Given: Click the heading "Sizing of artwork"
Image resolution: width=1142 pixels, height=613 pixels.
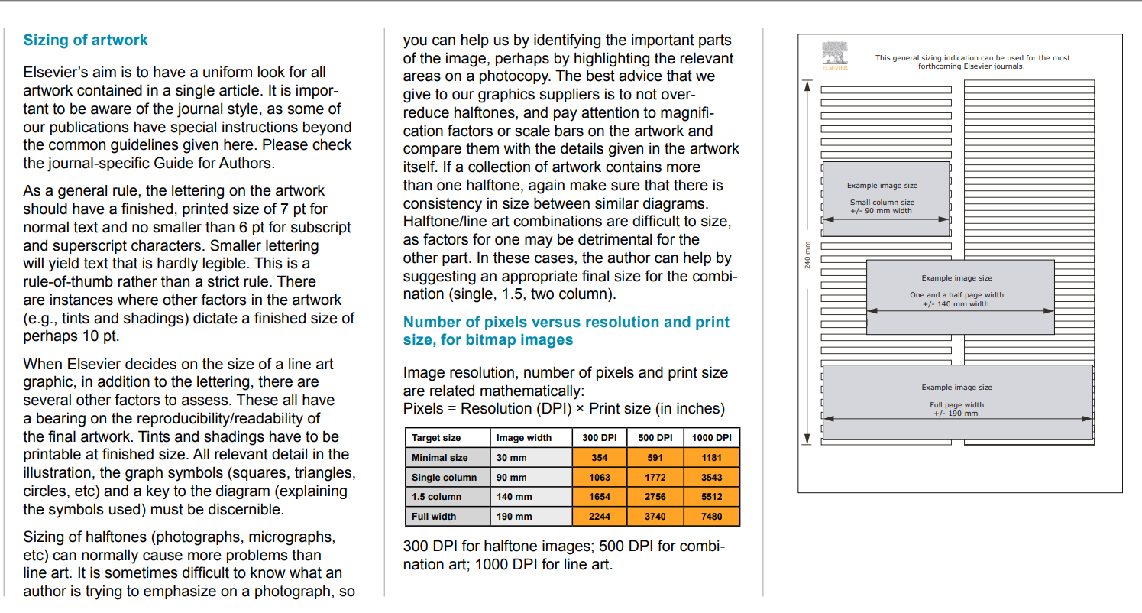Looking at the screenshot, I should click(86, 41).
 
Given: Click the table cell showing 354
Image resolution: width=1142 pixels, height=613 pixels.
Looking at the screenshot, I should click(600, 458).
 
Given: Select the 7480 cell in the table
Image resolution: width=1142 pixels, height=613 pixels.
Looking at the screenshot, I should click(711, 517).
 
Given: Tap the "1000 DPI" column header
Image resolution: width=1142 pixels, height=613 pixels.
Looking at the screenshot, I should click(711, 438).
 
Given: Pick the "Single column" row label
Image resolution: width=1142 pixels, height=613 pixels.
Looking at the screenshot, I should click(444, 478).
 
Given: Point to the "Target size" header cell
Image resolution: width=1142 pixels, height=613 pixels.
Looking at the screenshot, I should click(436, 438).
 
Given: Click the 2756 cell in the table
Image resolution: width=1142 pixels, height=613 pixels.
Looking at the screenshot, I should click(655, 497).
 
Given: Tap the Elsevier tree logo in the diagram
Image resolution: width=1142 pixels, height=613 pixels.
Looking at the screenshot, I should click(835, 55).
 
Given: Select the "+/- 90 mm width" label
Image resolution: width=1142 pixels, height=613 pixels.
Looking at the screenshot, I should click(881, 211).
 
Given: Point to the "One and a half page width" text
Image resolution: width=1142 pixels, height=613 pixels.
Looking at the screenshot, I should click(956, 295).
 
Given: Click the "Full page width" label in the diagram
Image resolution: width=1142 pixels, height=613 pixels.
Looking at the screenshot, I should click(956, 405).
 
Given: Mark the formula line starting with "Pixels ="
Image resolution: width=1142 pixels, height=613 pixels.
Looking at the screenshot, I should click(564, 409).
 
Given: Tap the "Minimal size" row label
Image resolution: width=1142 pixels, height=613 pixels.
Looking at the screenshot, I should click(439, 458).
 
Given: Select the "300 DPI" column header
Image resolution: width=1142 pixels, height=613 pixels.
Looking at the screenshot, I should click(600, 438).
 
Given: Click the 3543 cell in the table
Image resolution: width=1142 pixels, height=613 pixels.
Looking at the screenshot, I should click(711, 478).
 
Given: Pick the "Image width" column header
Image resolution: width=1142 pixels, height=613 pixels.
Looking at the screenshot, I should click(523, 438).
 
